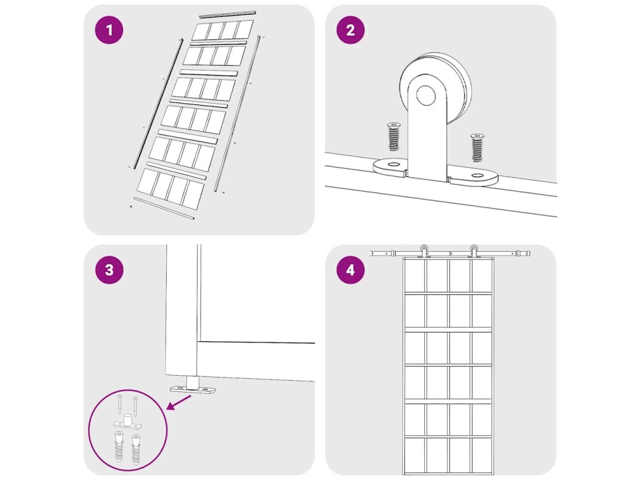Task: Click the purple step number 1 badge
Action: point(109,30)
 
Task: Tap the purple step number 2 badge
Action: point(350,30)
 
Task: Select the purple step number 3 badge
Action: point(109,270)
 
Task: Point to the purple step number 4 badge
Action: point(350,270)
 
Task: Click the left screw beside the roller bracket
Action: point(394,136)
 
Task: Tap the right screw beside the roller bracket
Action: point(476,147)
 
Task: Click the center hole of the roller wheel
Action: point(425,96)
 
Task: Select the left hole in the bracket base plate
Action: point(394,164)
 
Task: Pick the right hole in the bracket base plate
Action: point(477,176)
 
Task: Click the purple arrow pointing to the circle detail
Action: point(179,402)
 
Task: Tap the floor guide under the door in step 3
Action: point(192,386)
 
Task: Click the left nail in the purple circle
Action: point(119,404)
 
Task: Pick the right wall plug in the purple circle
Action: point(135,450)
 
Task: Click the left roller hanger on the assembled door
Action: point(424,251)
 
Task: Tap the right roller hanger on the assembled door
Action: point(474,251)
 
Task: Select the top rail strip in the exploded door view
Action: point(227,14)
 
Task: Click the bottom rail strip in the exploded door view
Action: point(164,208)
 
